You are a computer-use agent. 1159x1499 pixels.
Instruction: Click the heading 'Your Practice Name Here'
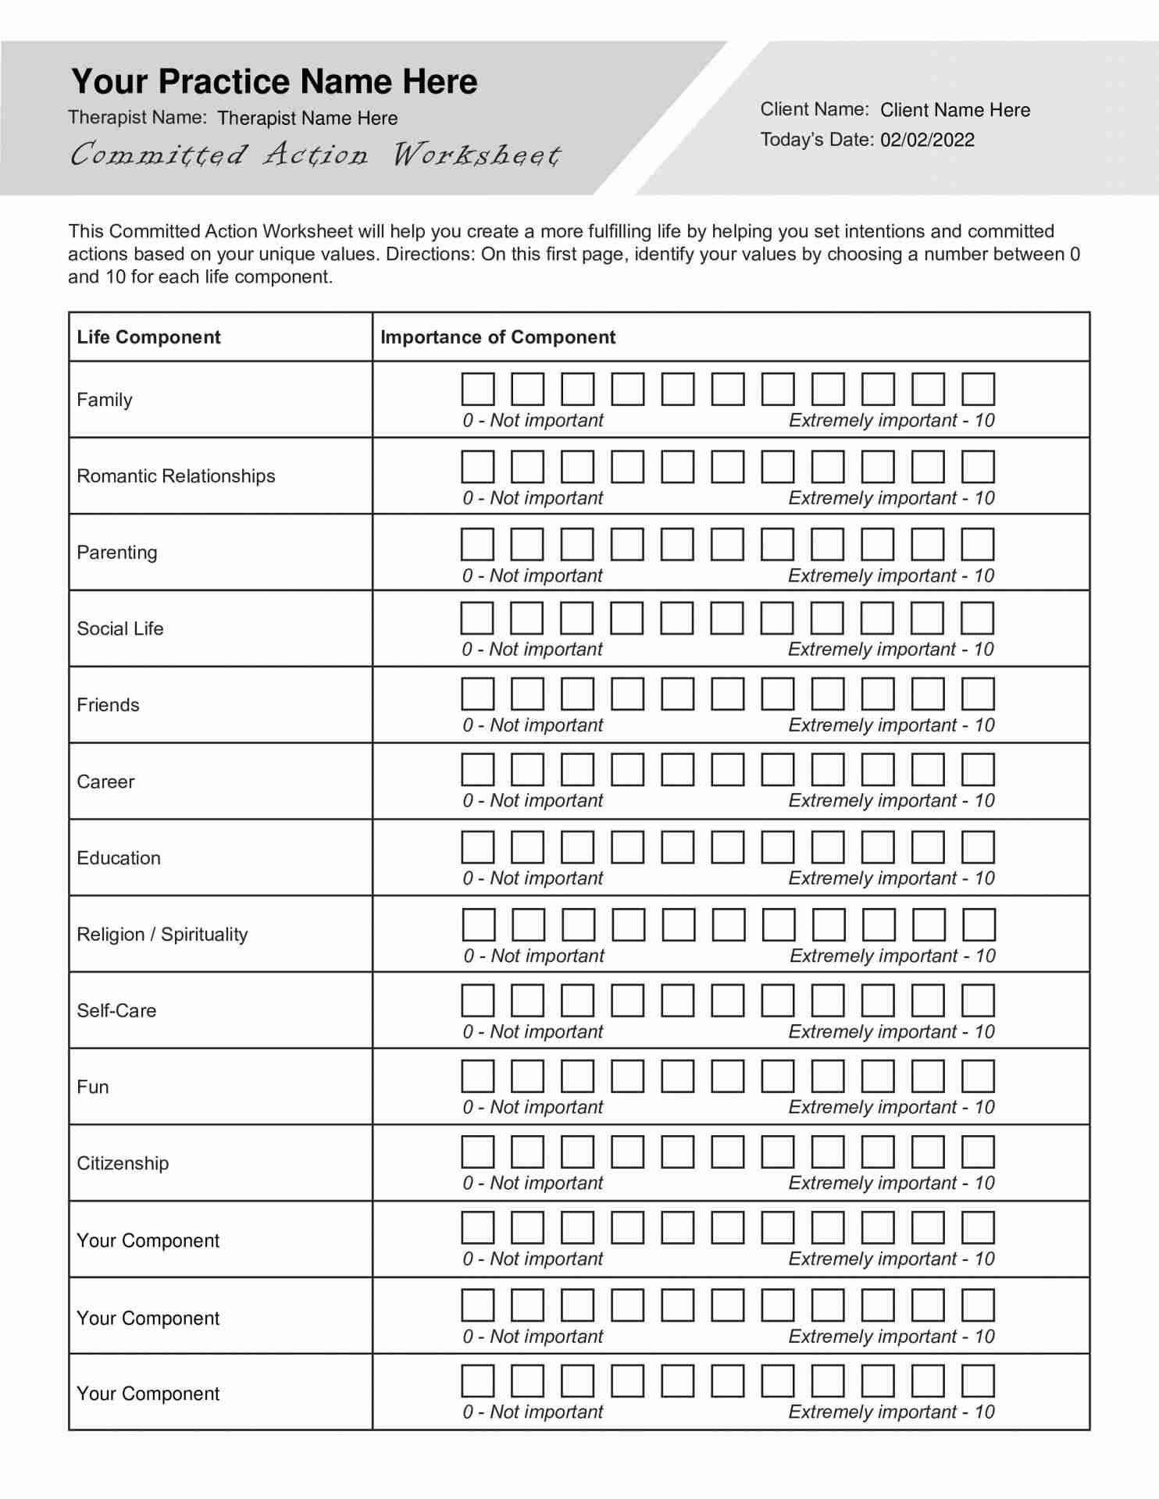point(274,82)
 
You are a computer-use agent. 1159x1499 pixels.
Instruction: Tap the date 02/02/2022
point(927,141)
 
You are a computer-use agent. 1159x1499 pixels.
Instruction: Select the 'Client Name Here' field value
point(954,110)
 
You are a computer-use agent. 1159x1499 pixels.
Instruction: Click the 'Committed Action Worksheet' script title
point(315,155)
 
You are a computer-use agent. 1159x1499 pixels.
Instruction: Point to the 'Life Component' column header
point(148,337)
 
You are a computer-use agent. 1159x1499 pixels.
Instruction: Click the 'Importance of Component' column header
point(497,337)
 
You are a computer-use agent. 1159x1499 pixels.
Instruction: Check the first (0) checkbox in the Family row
point(478,389)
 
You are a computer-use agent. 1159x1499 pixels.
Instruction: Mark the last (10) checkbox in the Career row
point(978,769)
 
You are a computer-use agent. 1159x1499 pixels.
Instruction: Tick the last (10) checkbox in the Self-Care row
point(978,1000)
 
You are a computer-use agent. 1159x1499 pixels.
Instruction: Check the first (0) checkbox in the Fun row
point(478,1076)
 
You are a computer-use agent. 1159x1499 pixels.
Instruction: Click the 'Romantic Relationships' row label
point(176,476)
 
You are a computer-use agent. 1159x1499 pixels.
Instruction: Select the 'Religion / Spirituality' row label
point(162,935)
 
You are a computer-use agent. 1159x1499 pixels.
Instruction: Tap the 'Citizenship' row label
point(123,1163)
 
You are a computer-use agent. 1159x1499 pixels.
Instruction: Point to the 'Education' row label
point(119,858)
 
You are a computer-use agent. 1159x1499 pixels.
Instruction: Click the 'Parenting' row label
point(117,553)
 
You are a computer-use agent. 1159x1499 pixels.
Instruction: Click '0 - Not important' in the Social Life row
point(533,650)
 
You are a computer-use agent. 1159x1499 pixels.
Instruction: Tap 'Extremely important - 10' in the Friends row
point(891,725)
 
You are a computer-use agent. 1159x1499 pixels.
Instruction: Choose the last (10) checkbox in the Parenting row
point(978,544)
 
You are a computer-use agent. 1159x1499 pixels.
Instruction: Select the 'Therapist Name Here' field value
point(307,119)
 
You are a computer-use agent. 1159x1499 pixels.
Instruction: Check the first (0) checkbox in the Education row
point(478,847)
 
